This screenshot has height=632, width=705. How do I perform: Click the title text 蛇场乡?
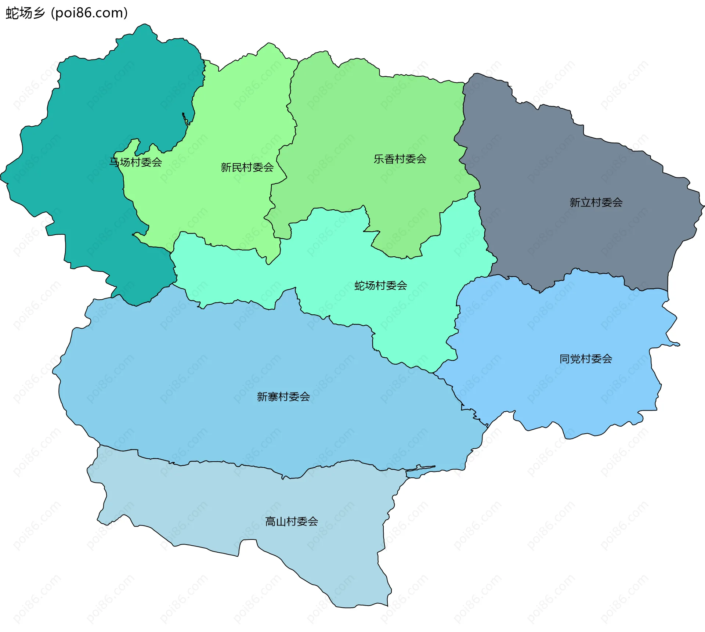[25, 13]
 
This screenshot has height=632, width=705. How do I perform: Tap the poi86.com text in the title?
[90, 13]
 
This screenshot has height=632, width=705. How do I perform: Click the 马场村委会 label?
[136, 162]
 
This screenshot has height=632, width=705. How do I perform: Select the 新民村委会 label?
[247, 167]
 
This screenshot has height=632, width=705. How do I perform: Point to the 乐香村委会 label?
[400, 159]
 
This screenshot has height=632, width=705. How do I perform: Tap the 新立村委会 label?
[596, 202]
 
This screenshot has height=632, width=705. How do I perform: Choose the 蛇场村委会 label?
[381, 285]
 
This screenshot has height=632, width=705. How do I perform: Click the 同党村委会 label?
[586, 359]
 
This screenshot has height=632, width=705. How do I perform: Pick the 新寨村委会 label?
[283, 397]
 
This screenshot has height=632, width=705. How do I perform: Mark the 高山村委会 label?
[292, 521]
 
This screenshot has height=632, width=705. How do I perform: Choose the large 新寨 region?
[220, 367]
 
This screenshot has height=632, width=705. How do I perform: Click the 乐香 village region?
[367, 121]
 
